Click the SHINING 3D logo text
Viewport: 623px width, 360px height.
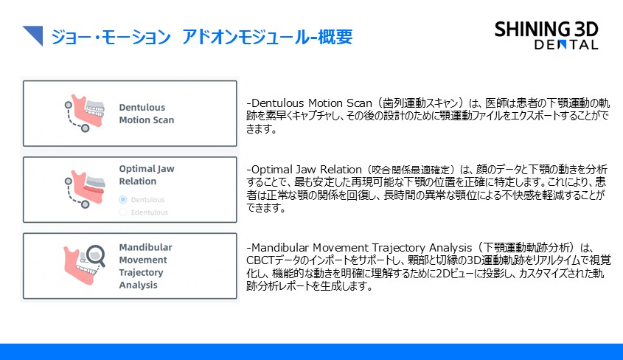pyautogui.click(x=546, y=30)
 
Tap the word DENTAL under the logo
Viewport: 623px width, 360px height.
pyautogui.click(x=566, y=45)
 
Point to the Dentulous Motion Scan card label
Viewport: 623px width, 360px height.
pyautogui.click(x=147, y=114)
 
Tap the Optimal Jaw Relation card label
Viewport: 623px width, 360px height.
pyautogui.click(x=147, y=175)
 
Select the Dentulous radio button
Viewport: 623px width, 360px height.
pyautogui.click(x=123, y=199)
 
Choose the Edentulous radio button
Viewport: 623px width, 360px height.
pyautogui.click(x=123, y=212)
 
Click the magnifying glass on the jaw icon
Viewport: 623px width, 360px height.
pyautogui.click(x=96, y=255)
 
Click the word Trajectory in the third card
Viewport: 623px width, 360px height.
pyautogui.click(x=141, y=273)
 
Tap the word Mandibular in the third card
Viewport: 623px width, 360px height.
pyautogui.click(x=145, y=247)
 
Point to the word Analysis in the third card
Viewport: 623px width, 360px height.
pyautogui.click(x=139, y=285)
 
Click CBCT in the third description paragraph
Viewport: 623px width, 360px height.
pyautogui.click(x=260, y=260)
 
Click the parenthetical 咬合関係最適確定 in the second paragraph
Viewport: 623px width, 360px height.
pyautogui.click(x=411, y=170)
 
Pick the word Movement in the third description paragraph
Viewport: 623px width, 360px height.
pyautogui.click(x=341, y=248)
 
